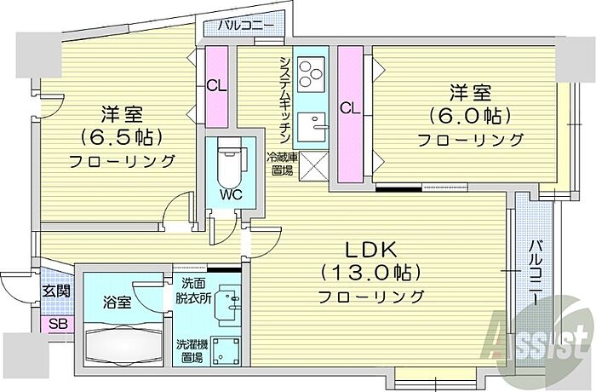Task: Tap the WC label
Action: [x=231, y=195]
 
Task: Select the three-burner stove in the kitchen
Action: [x=312, y=74]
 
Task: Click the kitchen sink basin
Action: [x=312, y=127]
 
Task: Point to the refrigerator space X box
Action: [x=313, y=165]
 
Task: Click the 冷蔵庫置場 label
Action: [x=283, y=164]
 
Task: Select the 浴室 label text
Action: [x=117, y=303]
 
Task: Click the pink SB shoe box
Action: [x=58, y=325]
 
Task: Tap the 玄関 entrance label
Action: [x=56, y=291]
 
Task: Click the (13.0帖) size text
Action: [x=370, y=273]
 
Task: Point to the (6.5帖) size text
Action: [x=122, y=136]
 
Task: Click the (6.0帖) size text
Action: [x=470, y=116]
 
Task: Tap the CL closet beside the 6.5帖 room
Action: [x=216, y=86]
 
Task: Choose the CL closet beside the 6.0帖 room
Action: [x=350, y=108]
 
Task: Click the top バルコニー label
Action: [x=246, y=26]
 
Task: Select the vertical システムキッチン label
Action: [x=285, y=100]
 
